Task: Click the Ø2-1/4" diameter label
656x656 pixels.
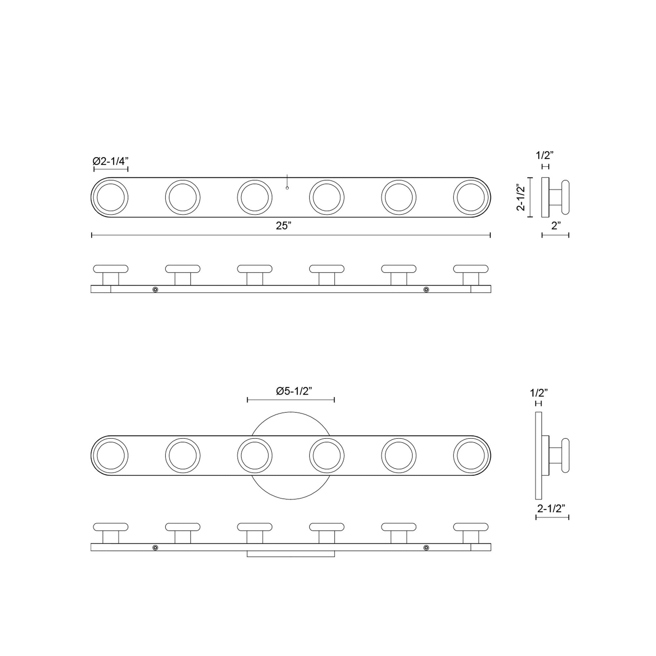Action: pos(111,161)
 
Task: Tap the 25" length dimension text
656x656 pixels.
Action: pos(284,226)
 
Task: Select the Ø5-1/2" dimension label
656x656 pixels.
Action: pos(294,391)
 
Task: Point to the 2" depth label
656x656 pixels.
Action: pos(556,226)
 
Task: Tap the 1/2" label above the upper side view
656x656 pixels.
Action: pos(545,155)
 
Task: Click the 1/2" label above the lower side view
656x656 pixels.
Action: pos(539,393)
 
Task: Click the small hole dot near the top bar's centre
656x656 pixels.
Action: pos(287,188)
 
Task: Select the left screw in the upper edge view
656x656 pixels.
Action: pos(155,289)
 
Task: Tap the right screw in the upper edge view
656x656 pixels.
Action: pos(426,289)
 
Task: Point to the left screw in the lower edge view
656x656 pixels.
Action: pos(155,547)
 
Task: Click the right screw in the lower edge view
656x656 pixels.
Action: pos(426,547)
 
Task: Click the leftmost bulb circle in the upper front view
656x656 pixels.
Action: pos(111,197)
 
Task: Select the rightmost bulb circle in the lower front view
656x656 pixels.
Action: pos(471,455)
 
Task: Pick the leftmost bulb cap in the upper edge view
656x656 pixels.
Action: pos(111,269)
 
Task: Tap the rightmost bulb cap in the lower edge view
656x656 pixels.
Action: pos(471,527)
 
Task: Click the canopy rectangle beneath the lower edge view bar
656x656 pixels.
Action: pos(291,554)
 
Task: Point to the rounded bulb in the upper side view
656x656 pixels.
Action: pos(565,197)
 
